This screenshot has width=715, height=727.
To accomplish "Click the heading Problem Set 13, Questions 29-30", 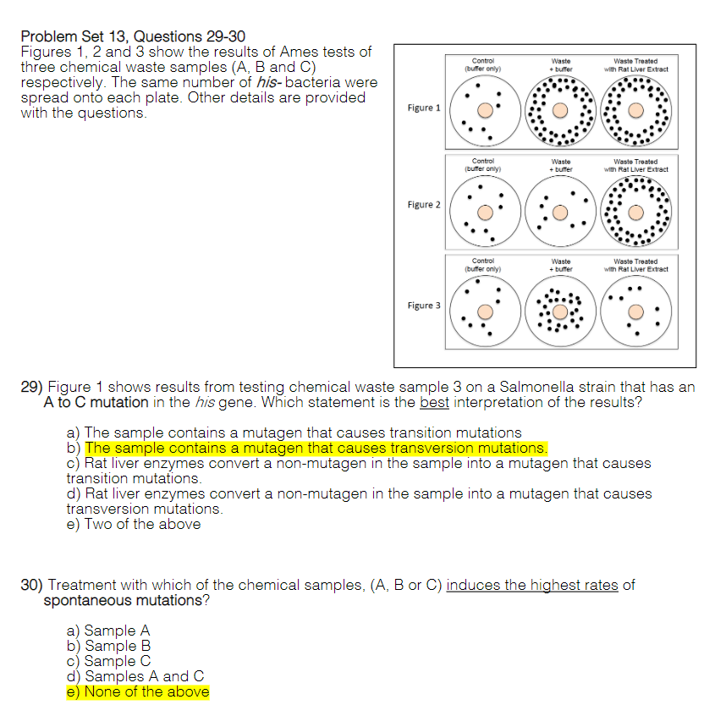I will click(x=132, y=36).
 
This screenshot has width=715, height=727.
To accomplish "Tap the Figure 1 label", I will click(x=424, y=108).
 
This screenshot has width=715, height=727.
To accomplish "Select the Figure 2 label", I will click(x=424, y=205).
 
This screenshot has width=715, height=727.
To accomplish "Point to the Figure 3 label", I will click(x=424, y=306).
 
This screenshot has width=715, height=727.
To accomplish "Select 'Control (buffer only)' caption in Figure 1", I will click(x=483, y=65).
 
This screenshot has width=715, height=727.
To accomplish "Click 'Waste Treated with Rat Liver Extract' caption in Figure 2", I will click(x=635, y=165).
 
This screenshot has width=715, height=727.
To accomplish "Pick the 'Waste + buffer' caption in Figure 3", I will click(x=560, y=266).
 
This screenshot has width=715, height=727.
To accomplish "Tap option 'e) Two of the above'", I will click(x=134, y=524).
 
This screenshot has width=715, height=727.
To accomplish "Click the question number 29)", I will click(x=31, y=387).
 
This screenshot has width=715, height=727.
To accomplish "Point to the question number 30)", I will click(x=31, y=585).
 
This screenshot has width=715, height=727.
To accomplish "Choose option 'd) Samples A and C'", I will click(x=135, y=676).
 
